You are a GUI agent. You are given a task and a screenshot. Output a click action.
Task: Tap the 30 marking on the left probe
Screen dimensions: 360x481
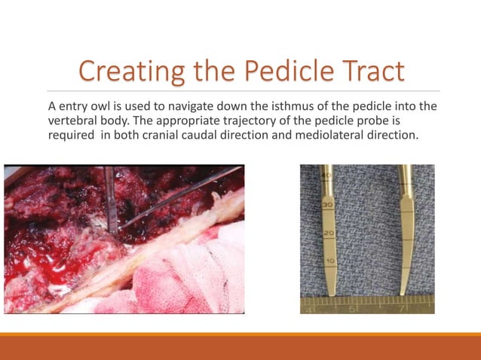(328, 205)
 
